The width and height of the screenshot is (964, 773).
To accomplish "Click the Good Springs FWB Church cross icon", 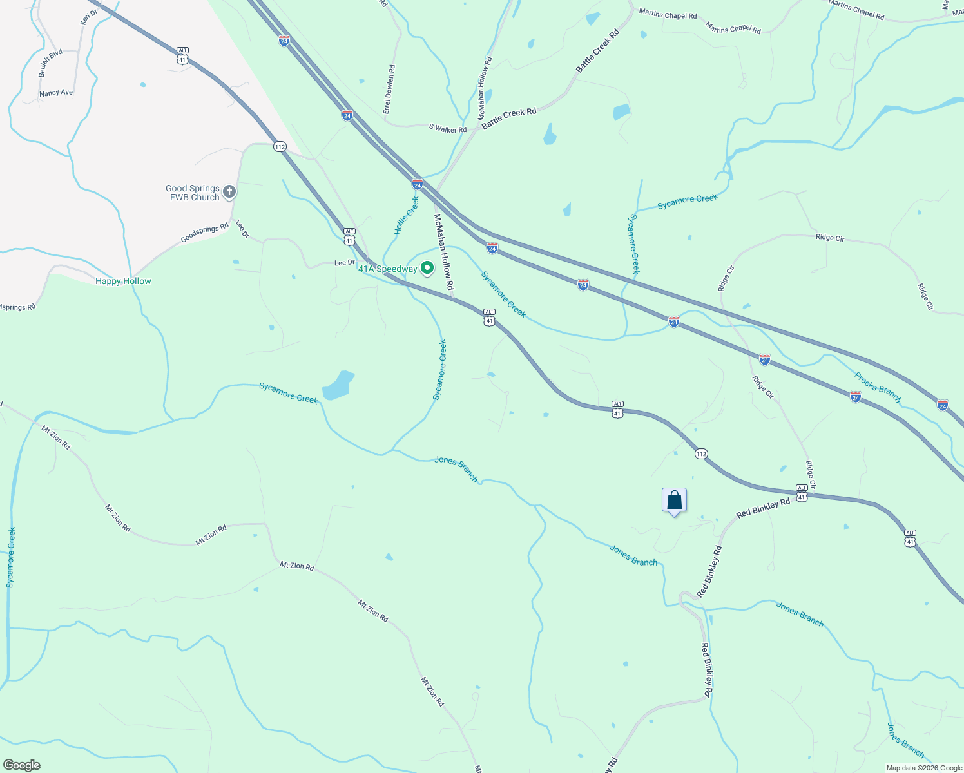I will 229,191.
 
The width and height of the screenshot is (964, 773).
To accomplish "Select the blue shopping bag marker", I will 674,501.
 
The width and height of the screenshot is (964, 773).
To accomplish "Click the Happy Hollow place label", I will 123,281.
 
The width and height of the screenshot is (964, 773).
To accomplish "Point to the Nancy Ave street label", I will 56,93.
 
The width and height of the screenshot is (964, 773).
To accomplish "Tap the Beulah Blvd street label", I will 50,63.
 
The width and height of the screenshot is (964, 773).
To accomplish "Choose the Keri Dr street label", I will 89,17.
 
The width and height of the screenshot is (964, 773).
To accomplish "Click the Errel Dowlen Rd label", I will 389,90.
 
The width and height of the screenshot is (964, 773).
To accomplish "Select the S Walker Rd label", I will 448,129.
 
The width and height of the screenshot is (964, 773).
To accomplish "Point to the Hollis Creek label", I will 407,216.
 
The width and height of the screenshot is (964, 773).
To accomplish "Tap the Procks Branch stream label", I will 878,386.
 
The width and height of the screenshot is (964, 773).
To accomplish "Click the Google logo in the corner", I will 21,765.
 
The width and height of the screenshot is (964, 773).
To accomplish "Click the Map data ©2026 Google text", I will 924,768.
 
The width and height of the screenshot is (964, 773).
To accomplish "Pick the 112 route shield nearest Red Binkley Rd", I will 701,454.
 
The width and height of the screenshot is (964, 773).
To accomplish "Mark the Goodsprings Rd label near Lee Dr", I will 204,233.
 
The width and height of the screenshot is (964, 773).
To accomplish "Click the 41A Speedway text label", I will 388,269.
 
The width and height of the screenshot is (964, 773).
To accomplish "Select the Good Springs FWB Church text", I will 193,193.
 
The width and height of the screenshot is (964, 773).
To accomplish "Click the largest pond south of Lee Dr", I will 338,385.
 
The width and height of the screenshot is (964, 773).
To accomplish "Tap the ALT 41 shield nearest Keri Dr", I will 183,56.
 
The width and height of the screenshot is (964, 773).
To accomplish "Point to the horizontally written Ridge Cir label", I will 830,238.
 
